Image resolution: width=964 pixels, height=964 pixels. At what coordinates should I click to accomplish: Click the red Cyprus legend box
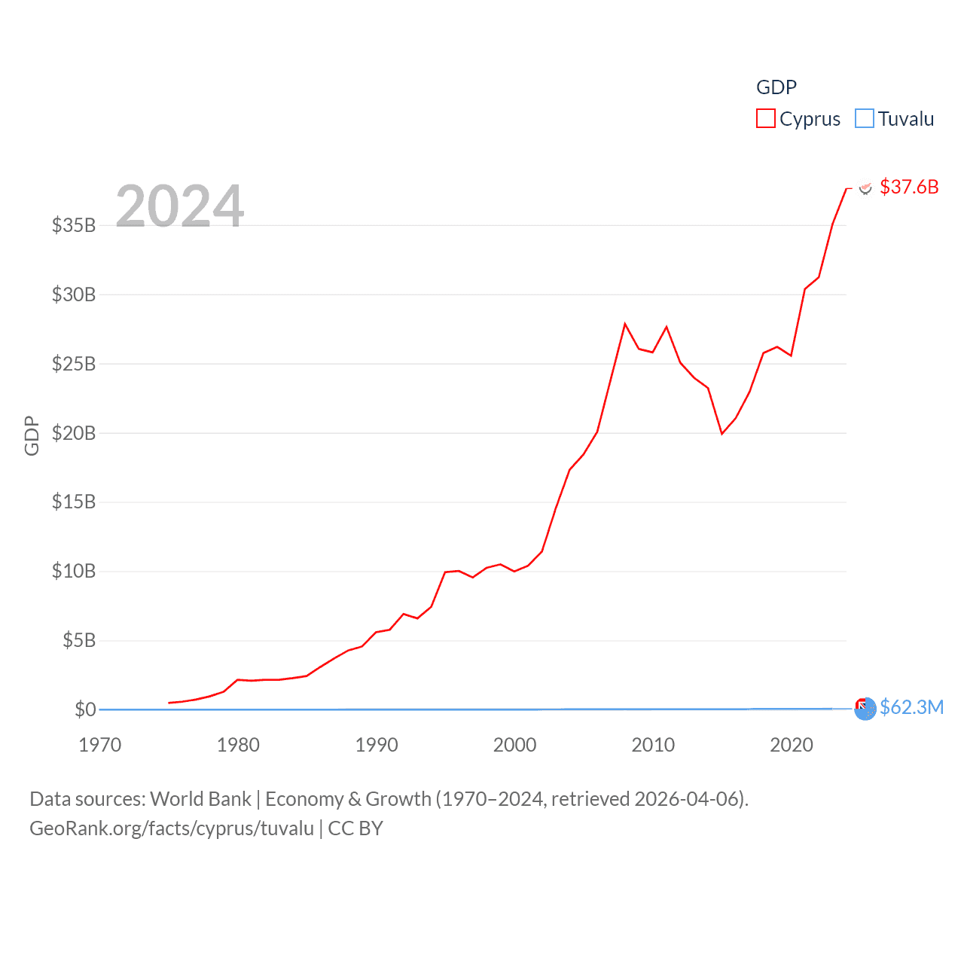pyautogui.click(x=766, y=119)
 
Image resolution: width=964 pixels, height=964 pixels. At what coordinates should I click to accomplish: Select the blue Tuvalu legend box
pyautogui.click(x=865, y=119)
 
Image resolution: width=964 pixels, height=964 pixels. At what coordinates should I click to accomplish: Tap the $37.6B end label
pyautogui.click(x=909, y=187)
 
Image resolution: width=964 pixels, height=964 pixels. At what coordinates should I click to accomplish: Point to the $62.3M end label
pyautogui.click(x=911, y=707)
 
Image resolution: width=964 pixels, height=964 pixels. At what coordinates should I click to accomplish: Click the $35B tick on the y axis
pyautogui.click(x=74, y=225)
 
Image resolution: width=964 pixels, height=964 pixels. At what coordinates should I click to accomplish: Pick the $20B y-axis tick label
pyautogui.click(x=74, y=433)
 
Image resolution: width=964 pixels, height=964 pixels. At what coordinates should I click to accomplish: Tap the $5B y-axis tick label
pyautogui.click(x=79, y=641)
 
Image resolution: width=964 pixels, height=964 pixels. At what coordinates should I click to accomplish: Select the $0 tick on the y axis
pyautogui.click(x=85, y=709)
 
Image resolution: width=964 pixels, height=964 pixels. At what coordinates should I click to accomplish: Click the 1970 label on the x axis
pyautogui.click(x=100, y=745)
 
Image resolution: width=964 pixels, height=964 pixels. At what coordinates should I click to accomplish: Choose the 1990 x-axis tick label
pyautogui.click(x=377, y=745)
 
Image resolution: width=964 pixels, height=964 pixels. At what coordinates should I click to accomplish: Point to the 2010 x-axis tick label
pyautogui.click(x=653, y=745)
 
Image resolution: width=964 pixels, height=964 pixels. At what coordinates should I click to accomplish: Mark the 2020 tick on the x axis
pyautogui.click(x=792, y=745)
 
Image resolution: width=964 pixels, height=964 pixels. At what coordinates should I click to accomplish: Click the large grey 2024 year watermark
pyautogui.click(x=180, y=206)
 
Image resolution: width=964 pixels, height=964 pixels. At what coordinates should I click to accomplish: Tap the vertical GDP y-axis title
pyautogui.click(x=32, y=435)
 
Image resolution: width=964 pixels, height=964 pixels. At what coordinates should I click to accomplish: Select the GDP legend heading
pyautogui.click(x=776, y=87)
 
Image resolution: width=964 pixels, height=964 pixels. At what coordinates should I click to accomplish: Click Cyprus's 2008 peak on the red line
pyautogui.click(x=625, y=324)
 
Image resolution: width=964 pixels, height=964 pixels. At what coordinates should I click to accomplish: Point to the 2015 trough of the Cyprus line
pyautogui.click(x=721, y=434)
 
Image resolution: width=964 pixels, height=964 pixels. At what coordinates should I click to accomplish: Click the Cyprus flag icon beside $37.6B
pyautogui.click(x=866, y=188)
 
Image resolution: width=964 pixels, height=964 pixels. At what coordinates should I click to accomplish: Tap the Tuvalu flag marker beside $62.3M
pyautogui.click(x=865, y=708)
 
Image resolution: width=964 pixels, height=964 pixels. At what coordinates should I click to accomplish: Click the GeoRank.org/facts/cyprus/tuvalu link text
pyautogui.click(x=172, y=828)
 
